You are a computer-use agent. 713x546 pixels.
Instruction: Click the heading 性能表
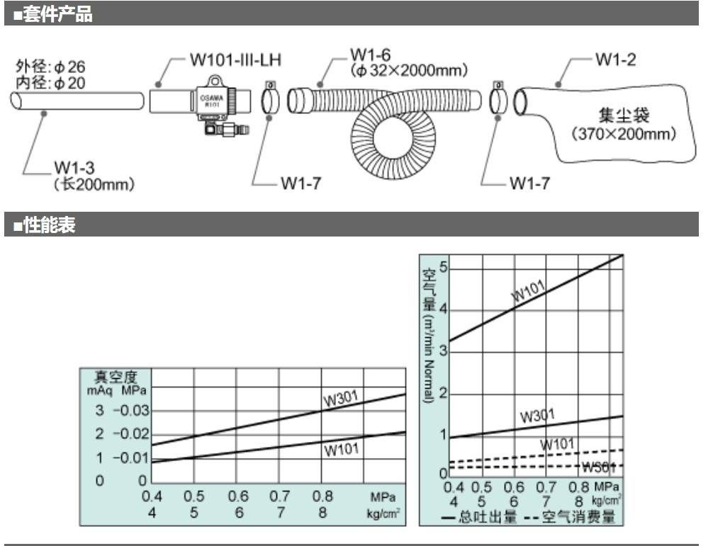click(48, 226)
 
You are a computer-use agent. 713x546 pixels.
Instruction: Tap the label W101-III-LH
click(235, 59)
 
